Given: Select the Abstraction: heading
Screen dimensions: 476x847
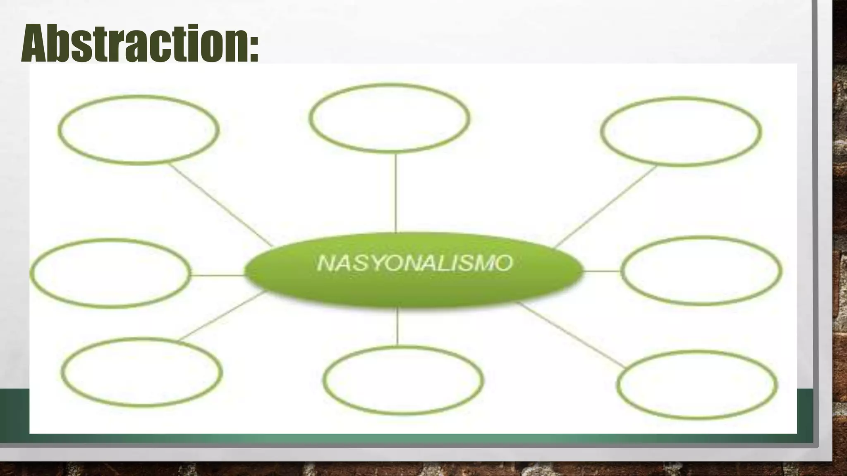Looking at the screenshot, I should click(140, 43).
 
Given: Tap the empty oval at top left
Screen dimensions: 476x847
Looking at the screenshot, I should click(139, 130).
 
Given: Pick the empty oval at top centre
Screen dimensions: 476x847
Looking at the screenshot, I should click(389, 118).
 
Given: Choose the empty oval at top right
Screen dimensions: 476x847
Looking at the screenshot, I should click(681, 131).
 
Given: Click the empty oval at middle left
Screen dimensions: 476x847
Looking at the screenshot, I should click(111, 273).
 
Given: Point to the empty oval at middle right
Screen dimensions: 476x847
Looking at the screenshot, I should click(701, 271).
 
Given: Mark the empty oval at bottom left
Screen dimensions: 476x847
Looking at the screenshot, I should click(142, 372).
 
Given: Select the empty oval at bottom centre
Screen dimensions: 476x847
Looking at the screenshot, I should click(403, 380).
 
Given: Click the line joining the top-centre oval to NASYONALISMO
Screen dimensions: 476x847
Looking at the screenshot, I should click(396, 192).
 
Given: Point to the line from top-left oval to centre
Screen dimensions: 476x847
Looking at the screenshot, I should click(221, 205).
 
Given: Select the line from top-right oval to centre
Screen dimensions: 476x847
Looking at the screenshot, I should click(605, 207).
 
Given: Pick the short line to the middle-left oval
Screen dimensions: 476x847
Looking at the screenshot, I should click(218, 275).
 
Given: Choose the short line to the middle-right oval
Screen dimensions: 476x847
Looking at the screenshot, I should click(601, 271).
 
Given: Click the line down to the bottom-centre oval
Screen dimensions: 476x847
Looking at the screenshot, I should click(397, 326).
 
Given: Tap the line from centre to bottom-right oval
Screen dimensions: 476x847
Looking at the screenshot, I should click(571, 335).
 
